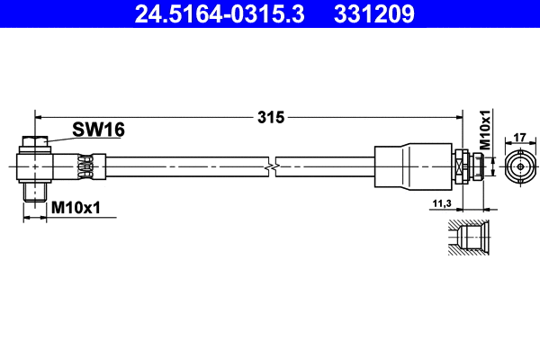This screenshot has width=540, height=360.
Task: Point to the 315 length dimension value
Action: pyautogui.click(x=271, y=117)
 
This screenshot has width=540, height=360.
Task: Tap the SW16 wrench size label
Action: pyautogui.click(x=100, y=130)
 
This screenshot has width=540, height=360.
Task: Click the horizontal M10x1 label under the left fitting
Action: pyautogui.click(x=76, y=207)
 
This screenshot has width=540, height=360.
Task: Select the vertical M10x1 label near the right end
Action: pyautogui.click(x=484, y=130)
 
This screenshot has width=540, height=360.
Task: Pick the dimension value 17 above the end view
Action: pyautogui.click(x=519, y=138)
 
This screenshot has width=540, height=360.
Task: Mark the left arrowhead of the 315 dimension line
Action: pyautogui.click(x=39, y=116)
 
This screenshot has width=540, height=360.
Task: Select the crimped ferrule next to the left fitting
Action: pyautogui.click(x=85, y=166)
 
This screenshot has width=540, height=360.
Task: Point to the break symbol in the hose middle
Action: pyautogui.click(x=271, y=166)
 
